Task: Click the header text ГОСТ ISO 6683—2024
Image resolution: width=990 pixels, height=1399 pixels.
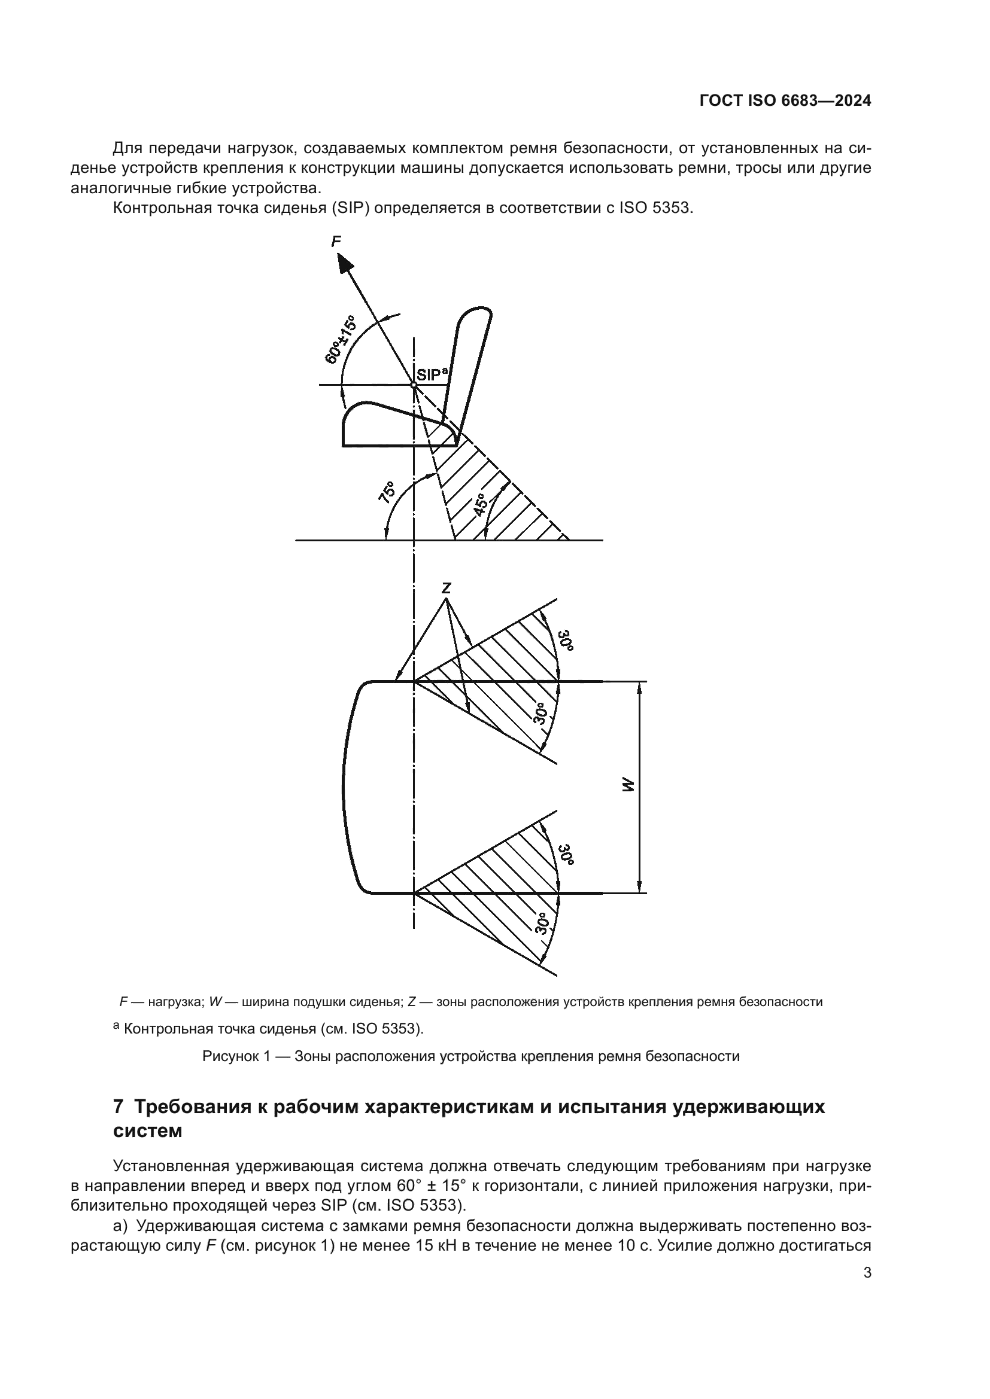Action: pos(785,101)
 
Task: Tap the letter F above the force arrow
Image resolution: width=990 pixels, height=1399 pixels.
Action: pos(336,242)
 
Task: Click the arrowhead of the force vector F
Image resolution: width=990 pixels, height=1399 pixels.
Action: pos(345,263)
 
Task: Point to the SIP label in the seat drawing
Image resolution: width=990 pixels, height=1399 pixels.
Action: pos(429,375)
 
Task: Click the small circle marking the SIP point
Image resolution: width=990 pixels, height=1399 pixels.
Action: pos(414,385)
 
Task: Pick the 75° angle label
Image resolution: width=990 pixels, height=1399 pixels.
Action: pos(387,492)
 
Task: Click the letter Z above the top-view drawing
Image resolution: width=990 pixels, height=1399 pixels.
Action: pos(447,588)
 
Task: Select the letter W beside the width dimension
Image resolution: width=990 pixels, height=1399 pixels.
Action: pos(628,787)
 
